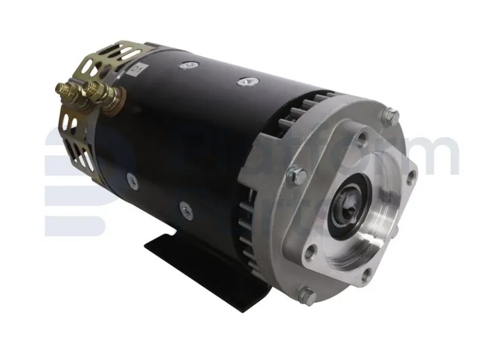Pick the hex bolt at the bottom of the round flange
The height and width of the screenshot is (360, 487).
306,293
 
